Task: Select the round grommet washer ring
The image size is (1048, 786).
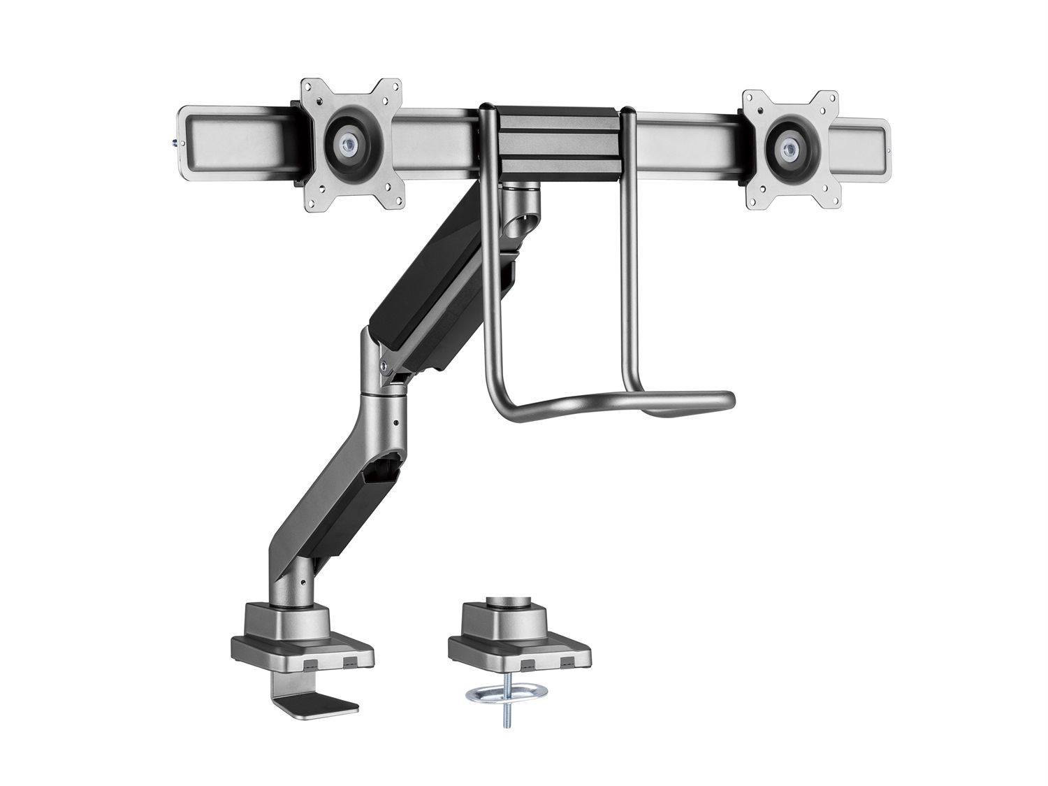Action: (x=499, y=695)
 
